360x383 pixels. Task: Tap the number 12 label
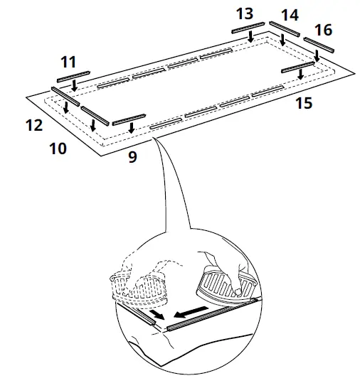(33, 126)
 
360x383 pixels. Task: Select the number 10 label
(58, 149)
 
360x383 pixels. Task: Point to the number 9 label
(132, 158)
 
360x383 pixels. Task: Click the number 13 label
(244, 14)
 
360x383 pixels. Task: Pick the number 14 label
(289, 15)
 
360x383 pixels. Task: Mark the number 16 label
(322, 30)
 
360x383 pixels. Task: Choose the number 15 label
(303, 104)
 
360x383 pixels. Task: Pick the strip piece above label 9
(129, 118)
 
